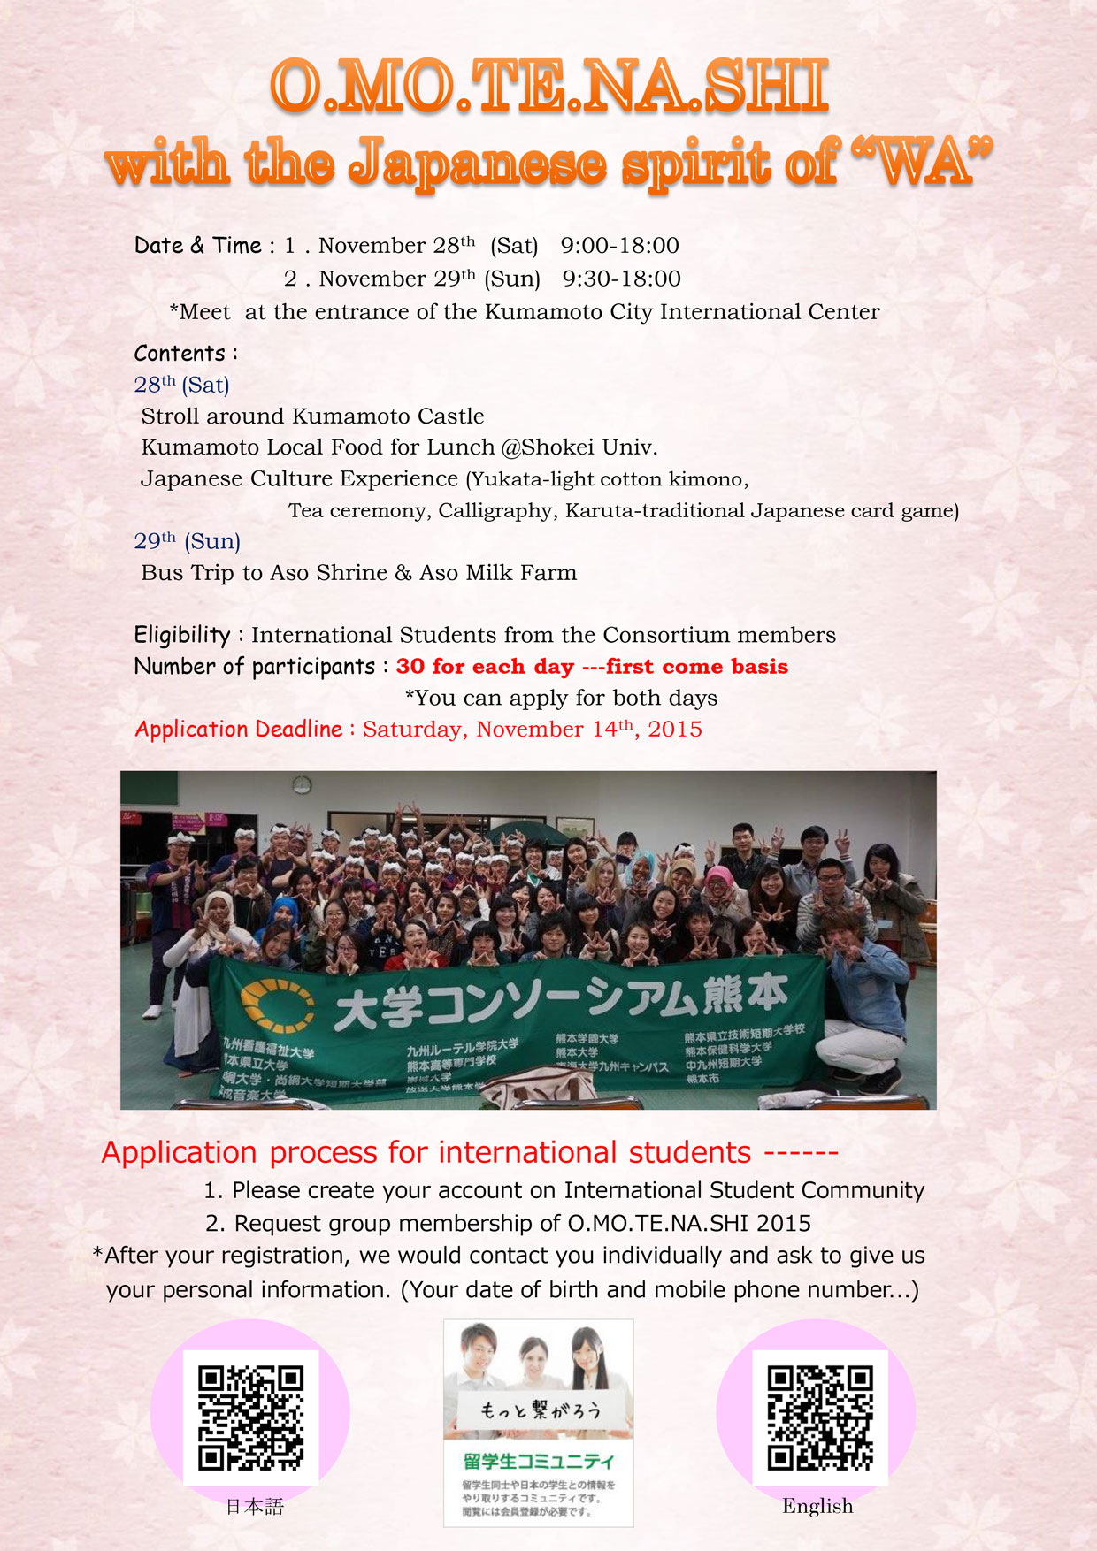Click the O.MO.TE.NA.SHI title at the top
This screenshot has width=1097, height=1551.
[548, 86]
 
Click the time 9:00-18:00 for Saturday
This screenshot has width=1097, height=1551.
[619, 246]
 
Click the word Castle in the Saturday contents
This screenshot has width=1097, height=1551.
[451, 416]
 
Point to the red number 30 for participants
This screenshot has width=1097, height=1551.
[410, 667]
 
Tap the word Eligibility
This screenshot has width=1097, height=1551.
[181, 635]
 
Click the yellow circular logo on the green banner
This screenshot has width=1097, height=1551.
[277, 1007]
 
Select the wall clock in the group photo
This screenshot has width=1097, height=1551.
[302, 784]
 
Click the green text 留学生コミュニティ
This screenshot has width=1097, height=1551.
[538, 1460]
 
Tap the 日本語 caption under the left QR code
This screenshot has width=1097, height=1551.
[255, 1507]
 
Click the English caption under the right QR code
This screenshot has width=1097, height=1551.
[817, 1507]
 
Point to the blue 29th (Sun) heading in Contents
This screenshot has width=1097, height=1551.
[187, 541]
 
